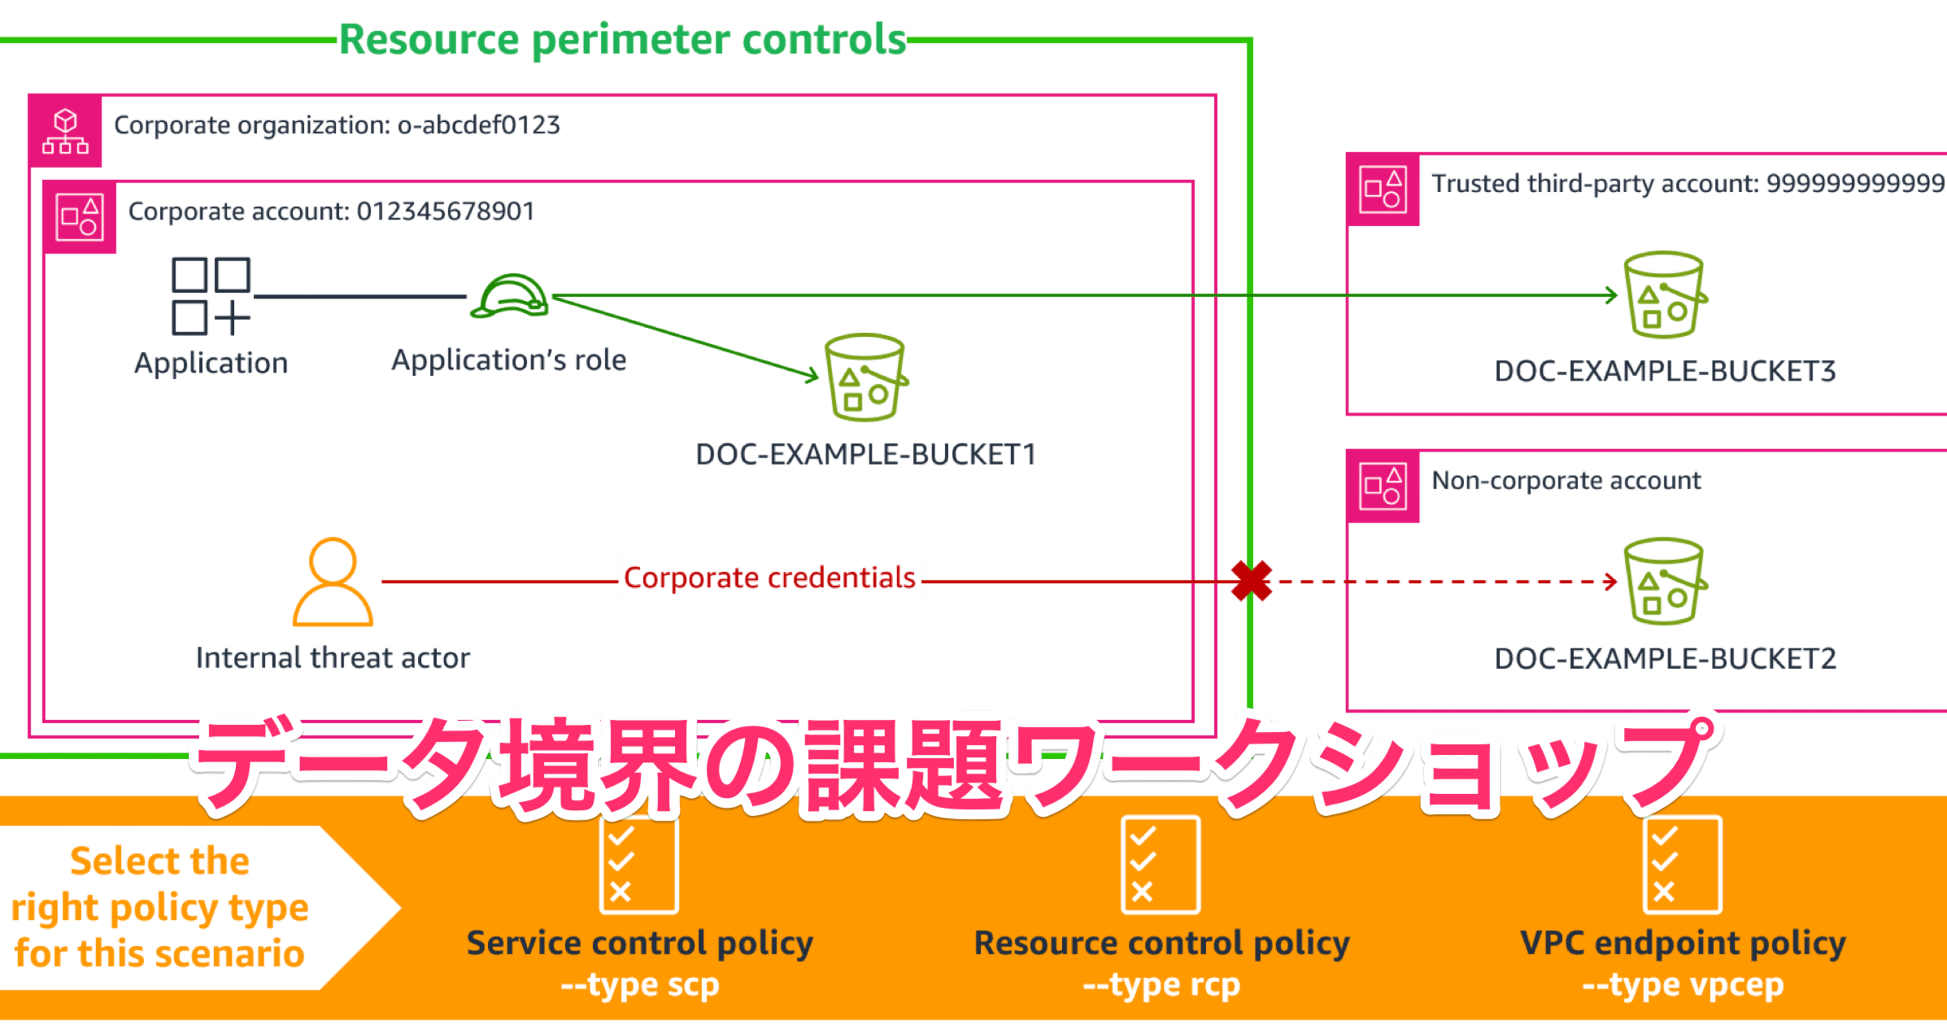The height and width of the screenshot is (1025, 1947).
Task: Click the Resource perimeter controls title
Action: pyautogui.click(x=621, y=40)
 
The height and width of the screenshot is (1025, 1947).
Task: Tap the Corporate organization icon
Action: pyautogui.click(x=65, y=131)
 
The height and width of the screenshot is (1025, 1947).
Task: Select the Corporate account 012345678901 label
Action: pyautogui.click(x=331, y=211)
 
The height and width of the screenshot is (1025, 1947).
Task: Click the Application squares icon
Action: pyautogui.click(x=211, y=296)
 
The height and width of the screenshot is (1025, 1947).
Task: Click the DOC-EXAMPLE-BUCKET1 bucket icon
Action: pyautogui.click(x=866, y=376)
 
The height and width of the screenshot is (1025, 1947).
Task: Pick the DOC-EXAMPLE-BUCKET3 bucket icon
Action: pyautogui.click(x=1664, y=295)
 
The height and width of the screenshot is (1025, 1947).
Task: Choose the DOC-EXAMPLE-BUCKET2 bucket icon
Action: pyautogui.click(x=1664, y=581)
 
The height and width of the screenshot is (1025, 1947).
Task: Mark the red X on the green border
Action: pyautogui.click(x=1251, y=581)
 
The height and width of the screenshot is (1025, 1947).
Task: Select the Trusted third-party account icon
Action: pyautogui.click(x=1382, y=189)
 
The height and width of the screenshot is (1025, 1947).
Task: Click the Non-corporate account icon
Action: pyautogui.click(x=1382, y=486)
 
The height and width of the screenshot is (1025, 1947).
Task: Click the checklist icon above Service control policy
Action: pyautogui.click(x=639, y=864)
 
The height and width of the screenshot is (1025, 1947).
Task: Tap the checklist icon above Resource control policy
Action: pyautogui.click(x=1160, y=864)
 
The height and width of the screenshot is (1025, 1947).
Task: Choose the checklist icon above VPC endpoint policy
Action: pyautogui.click(x=1682, y=864)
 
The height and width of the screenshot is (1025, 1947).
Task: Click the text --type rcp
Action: pyautogui.click(x=1161, y=985)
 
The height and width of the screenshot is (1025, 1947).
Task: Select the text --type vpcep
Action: pyautogui.click(x=1682, y=985)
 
